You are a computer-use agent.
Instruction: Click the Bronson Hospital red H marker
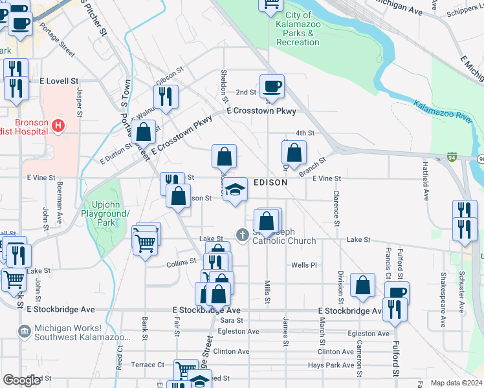coord(59,125)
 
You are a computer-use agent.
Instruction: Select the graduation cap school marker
coord(236,189)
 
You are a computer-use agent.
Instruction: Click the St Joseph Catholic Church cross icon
coord(243,235)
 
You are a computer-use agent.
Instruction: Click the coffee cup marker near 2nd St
coord(272,86)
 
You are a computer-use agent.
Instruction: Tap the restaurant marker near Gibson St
coord(166,97)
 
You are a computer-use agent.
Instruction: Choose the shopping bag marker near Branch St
coord(294,153)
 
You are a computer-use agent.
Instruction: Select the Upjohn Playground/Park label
coord(105,213)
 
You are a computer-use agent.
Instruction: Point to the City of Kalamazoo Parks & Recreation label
coord(298,28)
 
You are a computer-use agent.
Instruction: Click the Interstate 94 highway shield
coord(451,157)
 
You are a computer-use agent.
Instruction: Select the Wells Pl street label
coord(303,265)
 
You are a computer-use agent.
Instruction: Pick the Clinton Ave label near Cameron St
coord(336,352)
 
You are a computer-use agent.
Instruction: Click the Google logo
coord(21,380)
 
